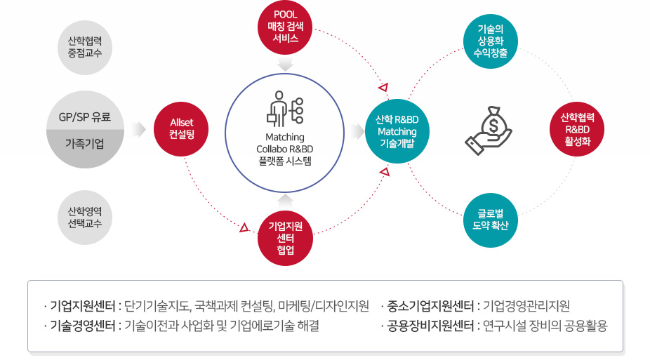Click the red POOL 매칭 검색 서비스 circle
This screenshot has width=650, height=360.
point(285,27)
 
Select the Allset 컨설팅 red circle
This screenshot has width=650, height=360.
point(181,129)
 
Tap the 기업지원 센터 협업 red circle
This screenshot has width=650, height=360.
point(285,238)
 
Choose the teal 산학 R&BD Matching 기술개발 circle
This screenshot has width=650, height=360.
point(397,131)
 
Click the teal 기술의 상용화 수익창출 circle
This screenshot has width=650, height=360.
point(491,41)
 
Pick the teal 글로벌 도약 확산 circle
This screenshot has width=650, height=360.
point(491,220)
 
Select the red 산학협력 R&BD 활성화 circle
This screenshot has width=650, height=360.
point(577,129)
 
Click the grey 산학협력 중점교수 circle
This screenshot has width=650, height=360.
point(85,47)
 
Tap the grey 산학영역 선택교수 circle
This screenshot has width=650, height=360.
point(85,218)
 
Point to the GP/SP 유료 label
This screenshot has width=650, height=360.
point(85,117)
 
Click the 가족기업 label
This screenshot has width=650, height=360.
point(85,144)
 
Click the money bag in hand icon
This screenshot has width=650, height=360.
point(489,131)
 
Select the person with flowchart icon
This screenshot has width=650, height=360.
point(285,109)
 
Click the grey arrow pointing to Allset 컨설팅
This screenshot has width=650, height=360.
point(139,129)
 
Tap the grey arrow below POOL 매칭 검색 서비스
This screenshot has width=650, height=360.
point(285,65)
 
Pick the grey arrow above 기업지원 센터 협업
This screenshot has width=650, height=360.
point(285,201)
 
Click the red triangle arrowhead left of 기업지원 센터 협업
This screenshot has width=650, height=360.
point(244,227)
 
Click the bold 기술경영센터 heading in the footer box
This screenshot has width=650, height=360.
point(83,326)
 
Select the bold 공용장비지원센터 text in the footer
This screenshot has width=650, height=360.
point(430,326)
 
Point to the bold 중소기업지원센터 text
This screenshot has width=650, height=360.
point(430,306)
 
